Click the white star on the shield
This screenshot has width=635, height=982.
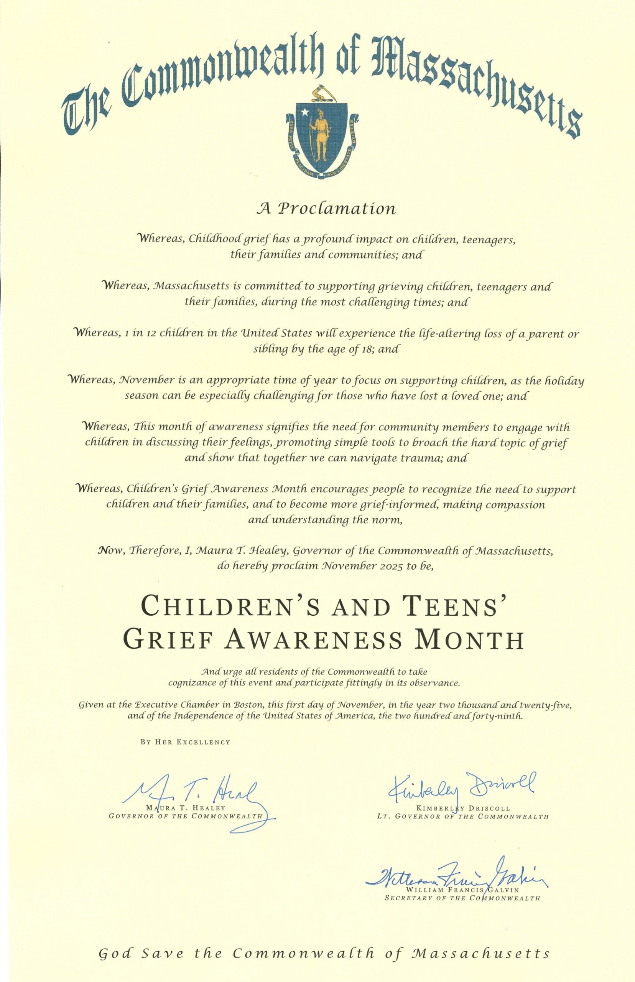pos(305,112)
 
